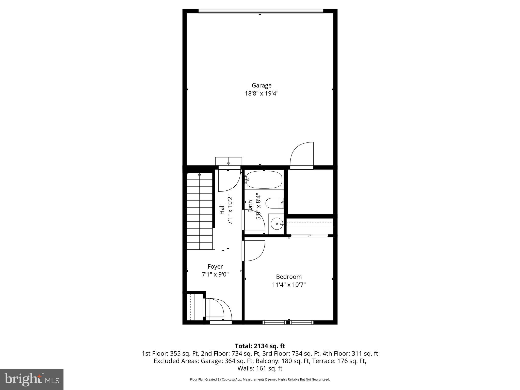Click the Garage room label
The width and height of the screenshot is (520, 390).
click(x=262, y=85)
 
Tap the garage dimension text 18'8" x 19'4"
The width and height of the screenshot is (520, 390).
click(x=262, y=93)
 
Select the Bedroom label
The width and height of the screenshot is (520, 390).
click(x=289, y=277)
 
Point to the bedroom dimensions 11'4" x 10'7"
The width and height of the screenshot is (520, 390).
click(x=289, y=285)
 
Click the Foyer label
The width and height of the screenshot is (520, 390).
click(x=215, y=266)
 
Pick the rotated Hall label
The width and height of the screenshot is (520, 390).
click(x=222, y=209)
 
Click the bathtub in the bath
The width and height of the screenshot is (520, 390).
click(x=264, y=180)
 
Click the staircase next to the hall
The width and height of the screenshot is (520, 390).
click(x=200, y=211)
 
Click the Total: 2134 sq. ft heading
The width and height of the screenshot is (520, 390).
click(x=260, y=346)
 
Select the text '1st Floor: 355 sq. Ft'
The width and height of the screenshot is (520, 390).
click(x=170, y=353)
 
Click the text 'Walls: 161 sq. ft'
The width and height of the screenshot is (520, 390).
click(x=260, y=368)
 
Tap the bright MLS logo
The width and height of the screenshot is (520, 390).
click(x=32, y=379)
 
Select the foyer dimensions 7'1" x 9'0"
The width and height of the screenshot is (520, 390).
click(x=215, y=274)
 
